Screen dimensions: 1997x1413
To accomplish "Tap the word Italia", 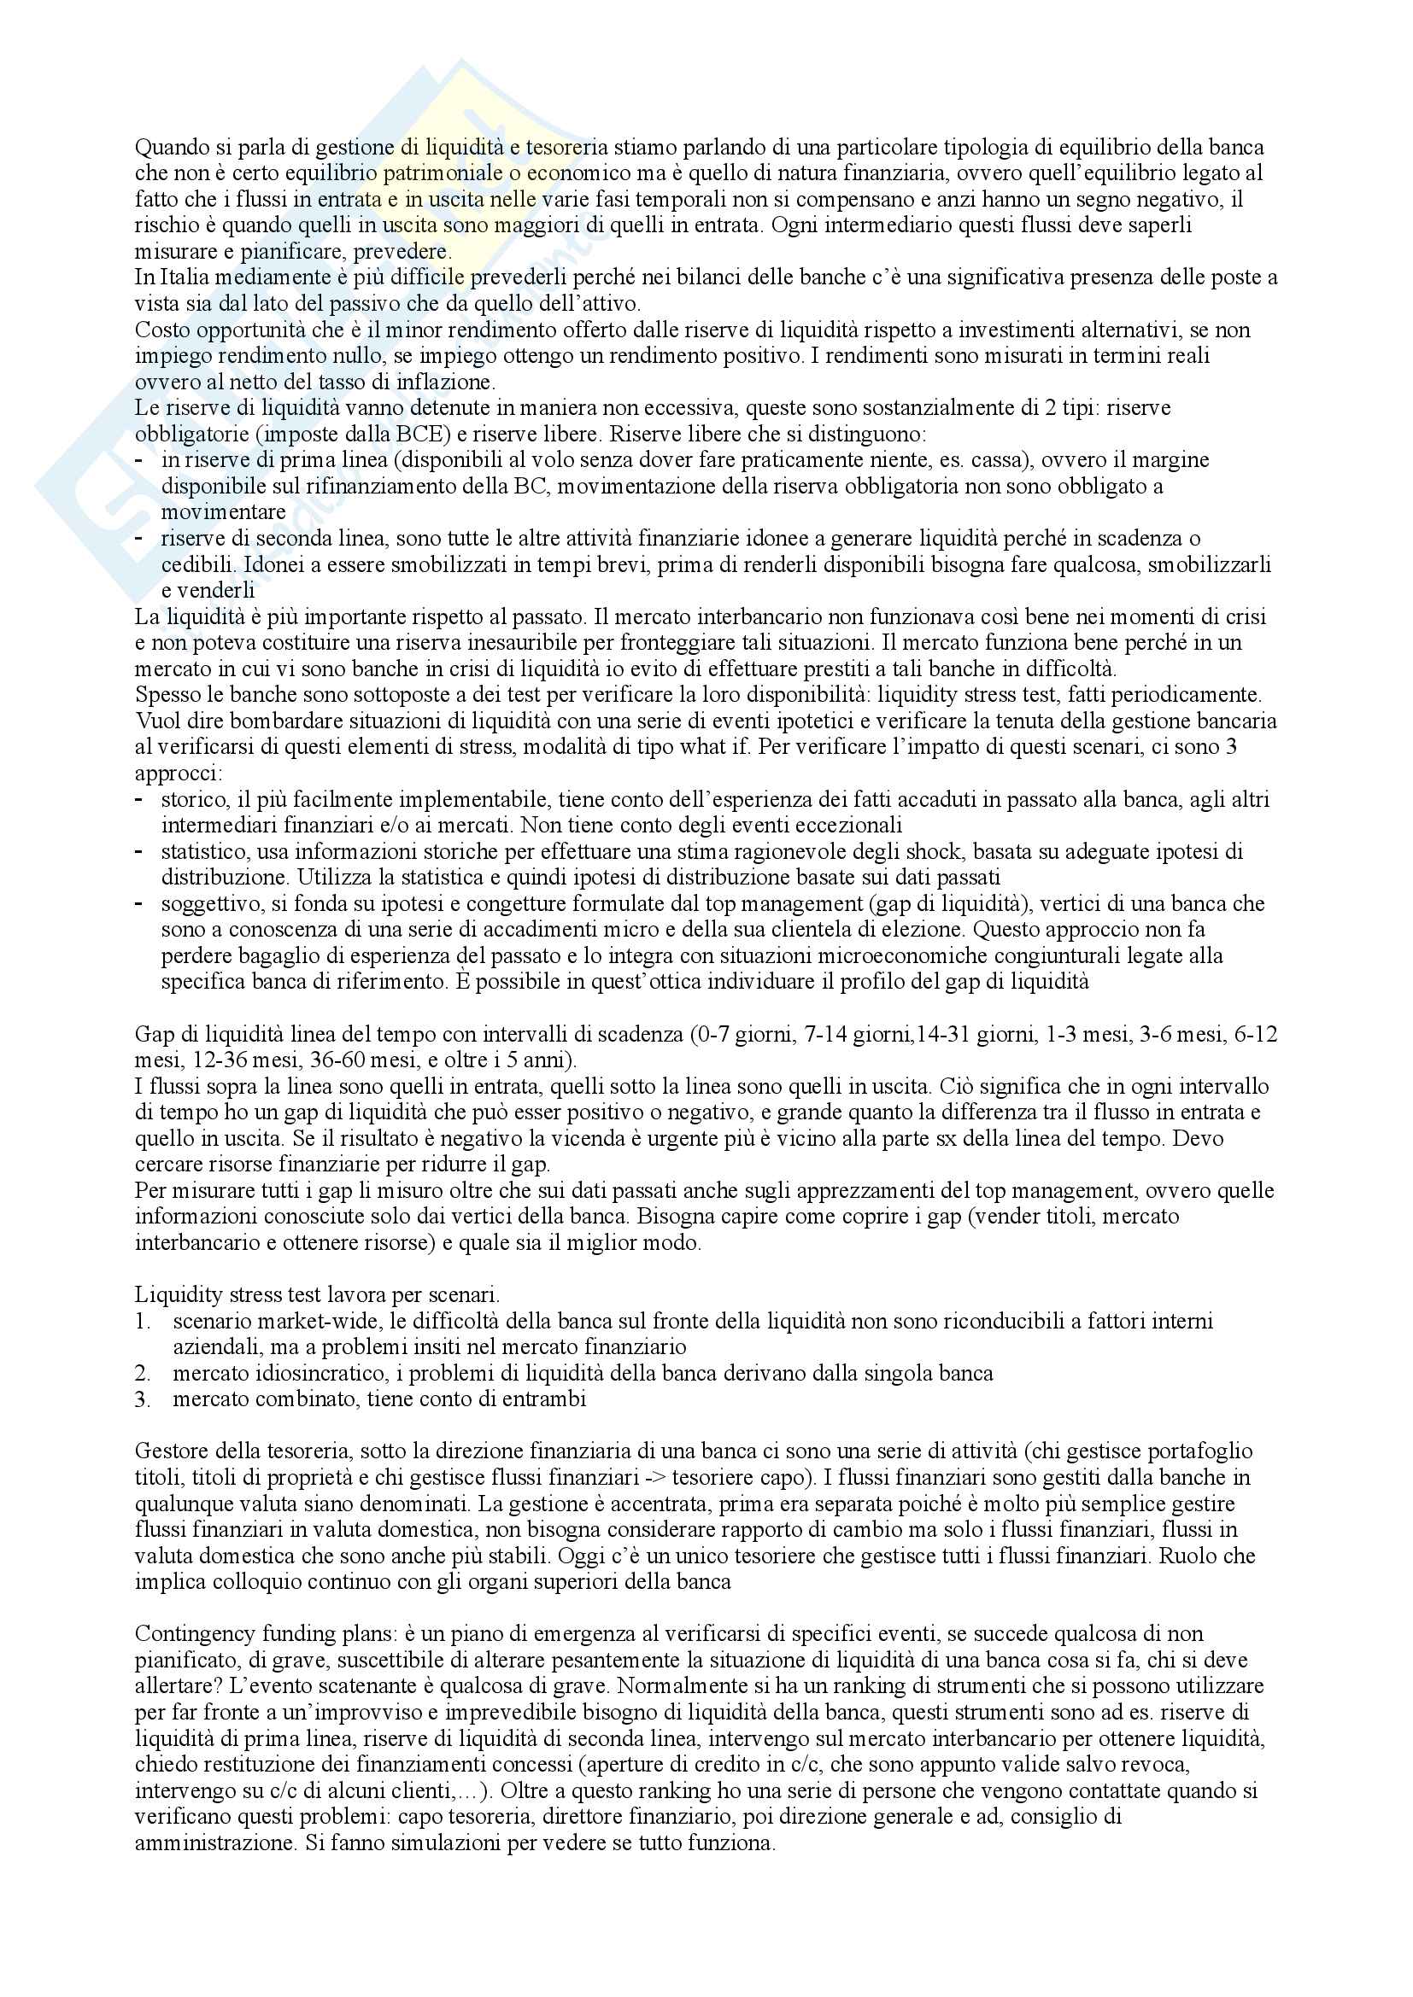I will tap(182, 278).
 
